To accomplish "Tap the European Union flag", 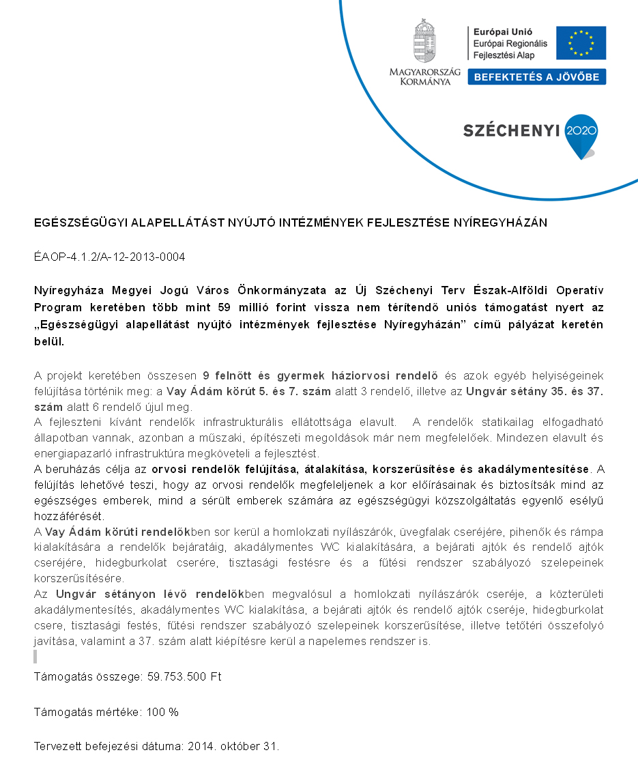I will pyautogui.click(x=581, y=42).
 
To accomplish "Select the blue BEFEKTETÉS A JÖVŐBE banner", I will pyautogui.click(x=536, y=77).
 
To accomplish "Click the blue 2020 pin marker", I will pyautogui.click(x=581, y=134).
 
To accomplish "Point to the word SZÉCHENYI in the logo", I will pyautogui.click(x=511, y=130).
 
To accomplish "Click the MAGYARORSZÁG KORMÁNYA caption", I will pyautogui.click(x=424, y=76).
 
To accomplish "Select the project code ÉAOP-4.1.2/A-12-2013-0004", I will pyautogui.click(x=110, y=257).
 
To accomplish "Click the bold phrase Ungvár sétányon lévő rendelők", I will pyautogui.click(x=150, y=594).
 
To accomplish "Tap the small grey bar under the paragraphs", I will pyautogui.click(x=35, y=657).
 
